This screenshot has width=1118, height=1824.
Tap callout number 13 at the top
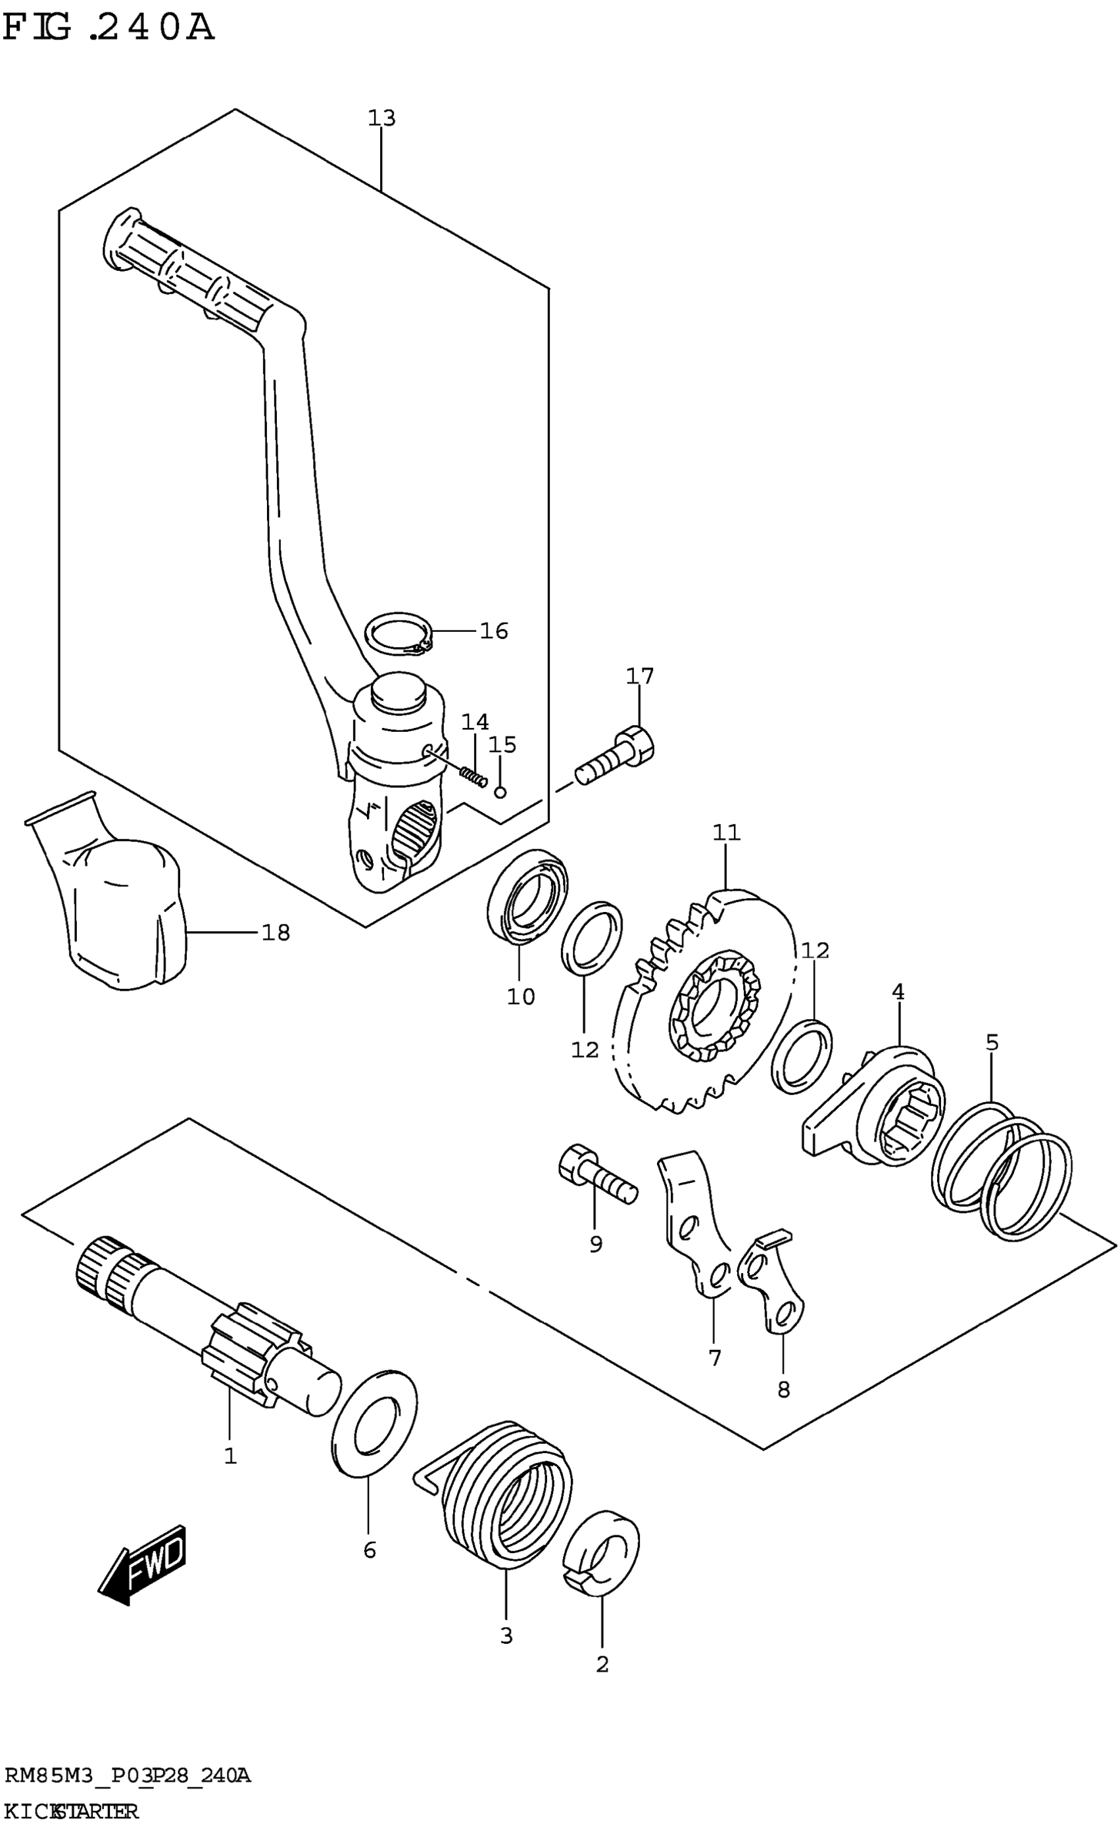(382, 118)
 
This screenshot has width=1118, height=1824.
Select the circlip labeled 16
(399, 635)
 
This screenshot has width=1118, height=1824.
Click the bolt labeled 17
(616, 757)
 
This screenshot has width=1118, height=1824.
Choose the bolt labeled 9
(596, 1178)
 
